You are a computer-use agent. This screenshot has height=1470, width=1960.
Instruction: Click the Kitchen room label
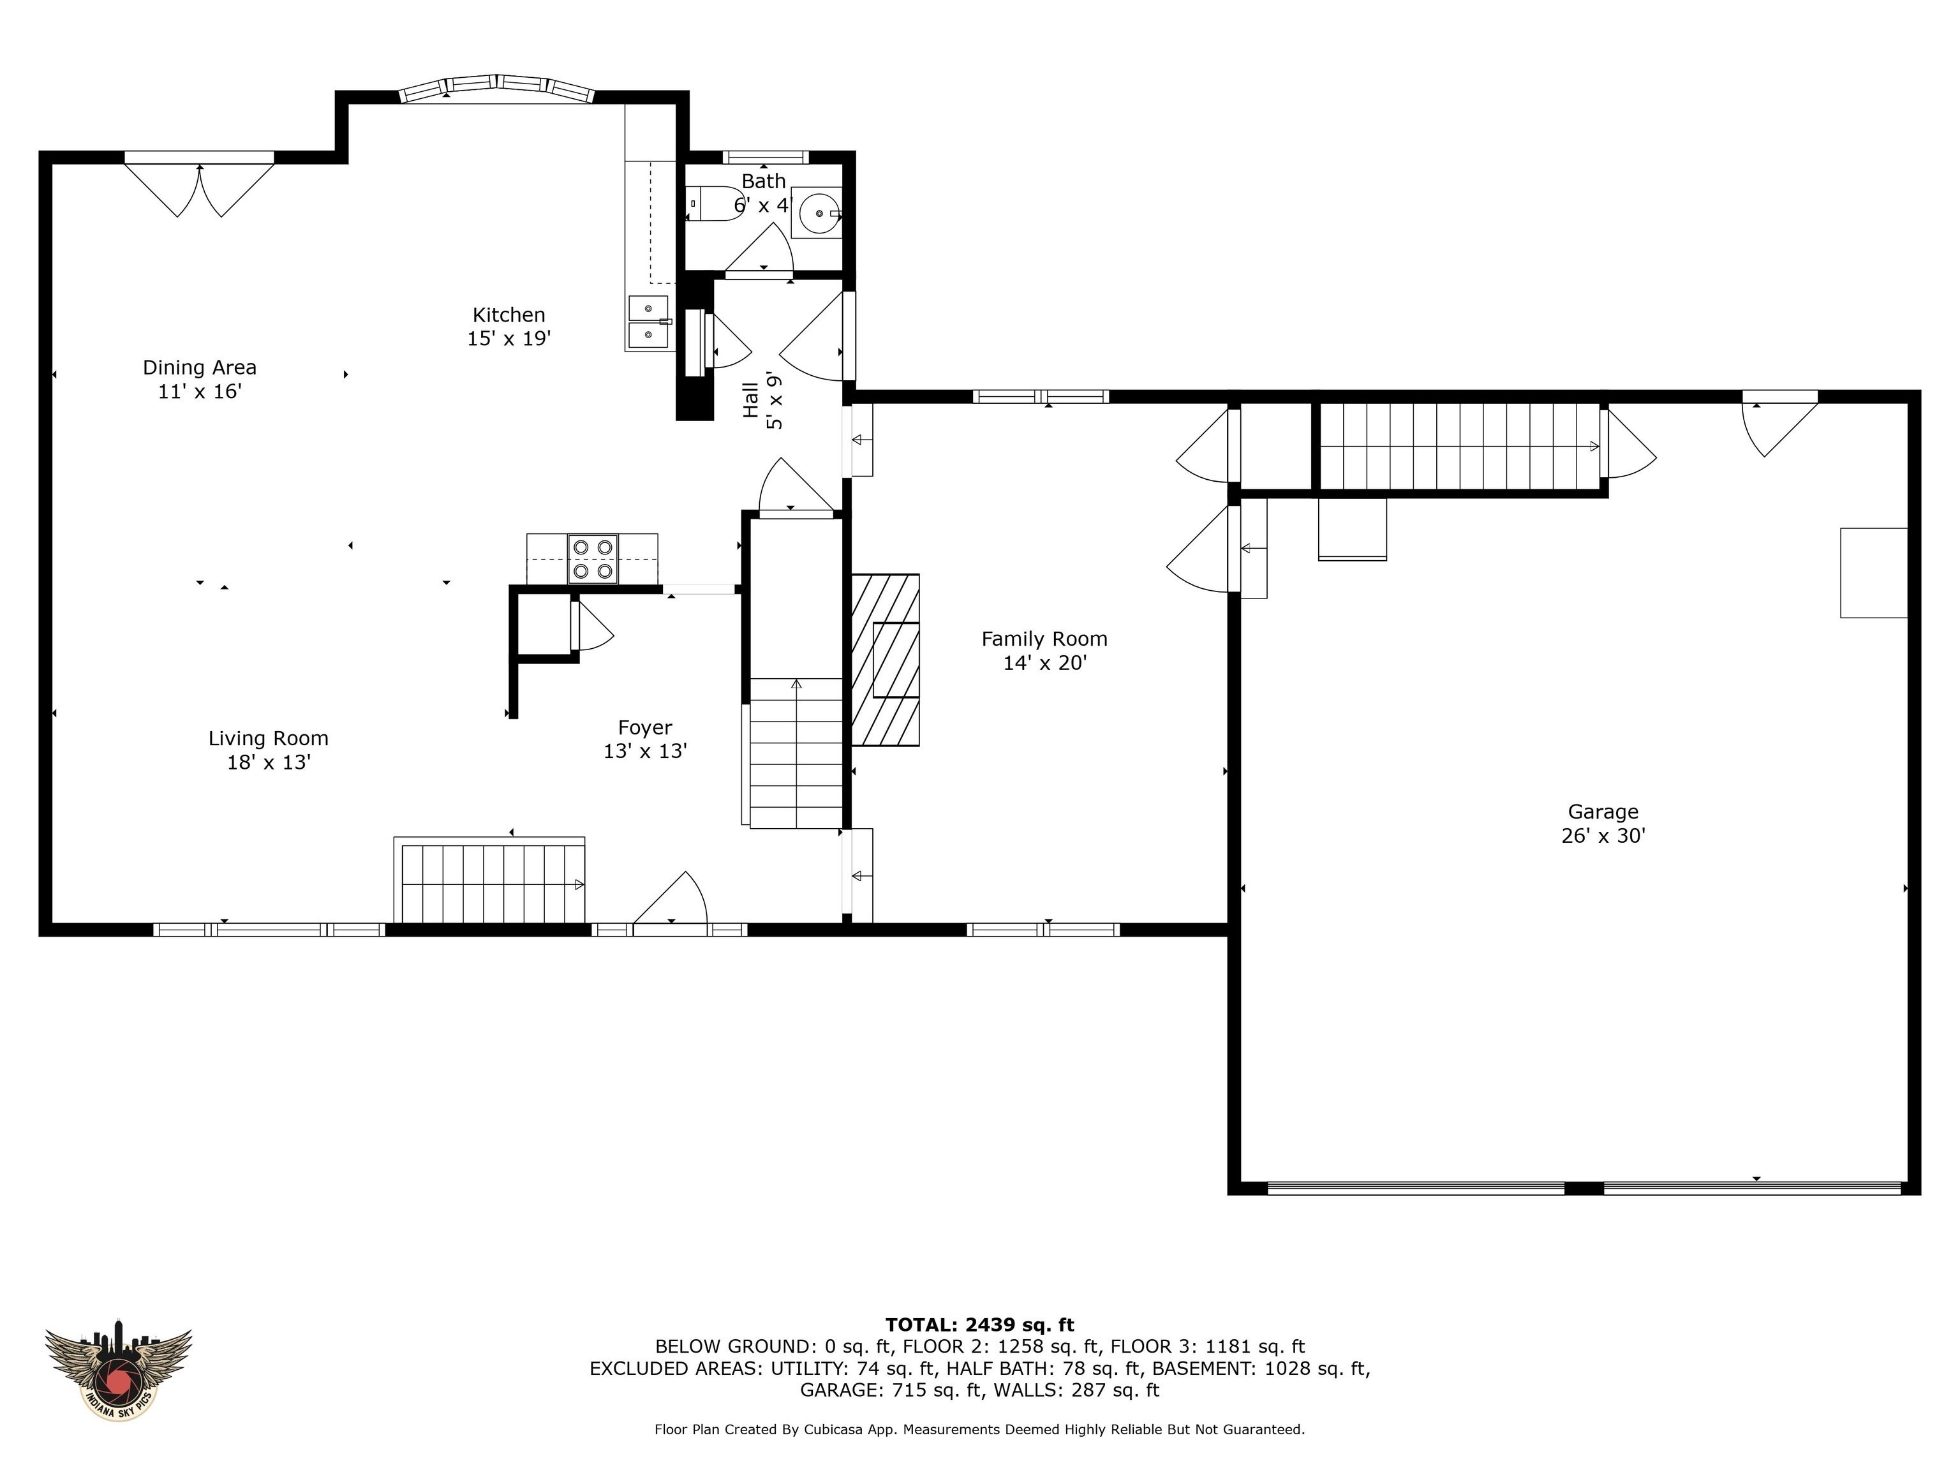[x=509, y=315]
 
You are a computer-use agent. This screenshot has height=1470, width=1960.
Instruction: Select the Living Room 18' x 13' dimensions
[x=269, y=762]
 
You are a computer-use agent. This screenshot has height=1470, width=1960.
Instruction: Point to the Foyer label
[x=645, y=727]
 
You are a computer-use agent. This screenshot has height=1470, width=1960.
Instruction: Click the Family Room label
[x=1044, y=639]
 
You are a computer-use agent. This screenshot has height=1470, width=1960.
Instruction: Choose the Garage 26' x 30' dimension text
[x=1603, y=836]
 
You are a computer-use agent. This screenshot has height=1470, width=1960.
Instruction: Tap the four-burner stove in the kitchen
[x=593, y=559]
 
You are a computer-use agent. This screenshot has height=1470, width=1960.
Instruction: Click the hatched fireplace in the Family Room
[x=884, y=660]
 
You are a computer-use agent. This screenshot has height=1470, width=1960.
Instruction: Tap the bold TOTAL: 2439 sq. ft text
[x=979, y=1325]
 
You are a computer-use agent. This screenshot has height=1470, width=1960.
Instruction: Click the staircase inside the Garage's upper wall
[x=1460, y=447]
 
